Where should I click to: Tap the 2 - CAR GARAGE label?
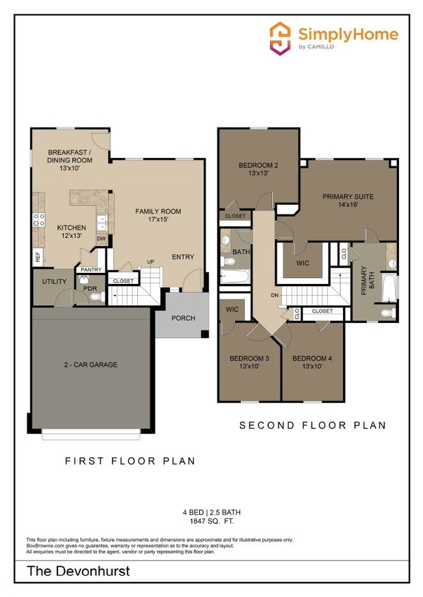90,364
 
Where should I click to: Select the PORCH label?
183,318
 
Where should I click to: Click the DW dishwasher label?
102,238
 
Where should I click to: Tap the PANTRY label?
92,269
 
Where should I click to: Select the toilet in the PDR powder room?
96,297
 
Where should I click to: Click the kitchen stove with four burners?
39,220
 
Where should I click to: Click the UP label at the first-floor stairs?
150,262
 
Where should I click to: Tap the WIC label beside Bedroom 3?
233,310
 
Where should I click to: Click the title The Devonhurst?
78,572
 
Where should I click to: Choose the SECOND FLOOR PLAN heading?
312,426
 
